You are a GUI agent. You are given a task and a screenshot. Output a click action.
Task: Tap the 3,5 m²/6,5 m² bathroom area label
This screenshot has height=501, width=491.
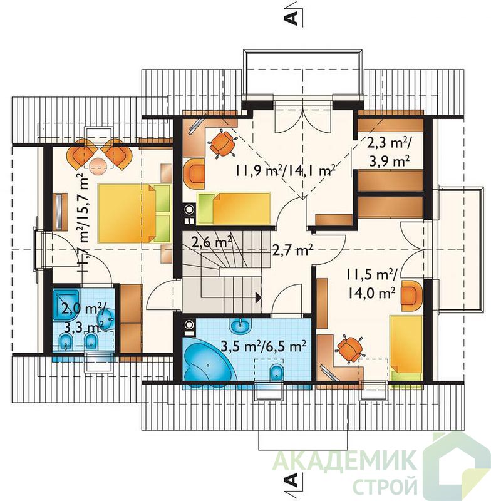pyautogui.click(x=264, y=346)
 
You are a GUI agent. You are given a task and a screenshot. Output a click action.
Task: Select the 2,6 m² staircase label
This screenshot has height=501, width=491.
pyautogui.click(x=212, y=243)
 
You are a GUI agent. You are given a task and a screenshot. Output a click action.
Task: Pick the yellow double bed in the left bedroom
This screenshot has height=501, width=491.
pyautogui.click(x=135, y=214)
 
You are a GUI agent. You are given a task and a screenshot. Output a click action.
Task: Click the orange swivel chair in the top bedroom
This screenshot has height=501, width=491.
pyautogui.click(x=222, y=144)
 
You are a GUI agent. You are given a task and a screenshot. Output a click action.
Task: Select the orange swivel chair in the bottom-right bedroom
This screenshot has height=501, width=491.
pyautogui.click(x=349, y=349)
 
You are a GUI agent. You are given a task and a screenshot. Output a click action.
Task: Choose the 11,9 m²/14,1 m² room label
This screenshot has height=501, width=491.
pyautogui.click(x=286, y=170)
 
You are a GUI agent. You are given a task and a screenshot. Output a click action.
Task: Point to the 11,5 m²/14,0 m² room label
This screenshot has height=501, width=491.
pyautogui.click(x=372, y=284)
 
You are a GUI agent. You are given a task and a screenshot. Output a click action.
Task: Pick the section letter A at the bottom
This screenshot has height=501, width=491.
pyautogui.click(x=291, y=480)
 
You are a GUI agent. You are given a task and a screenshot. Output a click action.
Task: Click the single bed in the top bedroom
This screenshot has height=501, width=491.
pyautogui.click(x=234, y=209)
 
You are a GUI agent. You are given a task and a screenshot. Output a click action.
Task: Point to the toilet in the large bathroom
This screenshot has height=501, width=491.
pyautogui.click(x=276, y=373)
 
